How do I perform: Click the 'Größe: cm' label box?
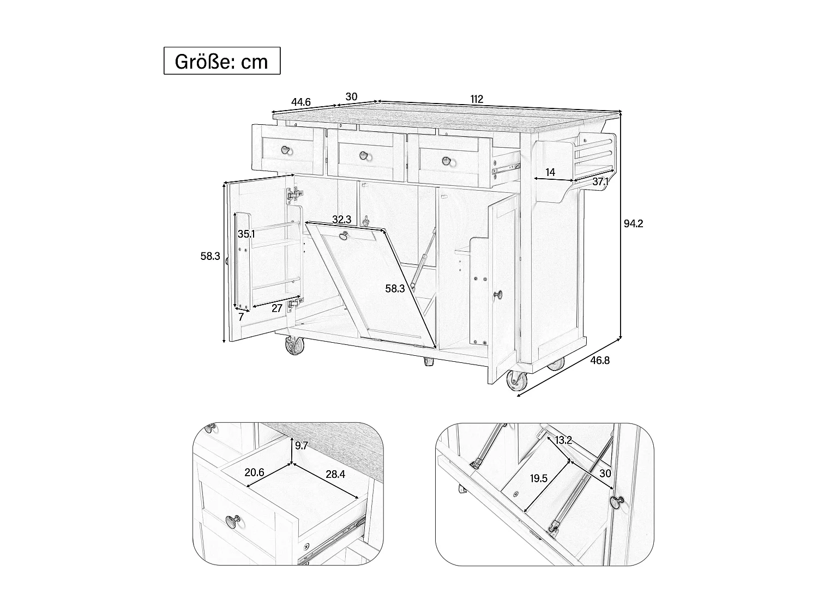pos(222,61)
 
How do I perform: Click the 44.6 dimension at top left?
pos(300,102)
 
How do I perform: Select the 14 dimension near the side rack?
pos(550,173)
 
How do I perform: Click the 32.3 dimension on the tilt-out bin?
pos(341,220)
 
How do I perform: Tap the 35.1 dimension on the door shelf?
pos(246,234)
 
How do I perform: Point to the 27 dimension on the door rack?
pos(277,308)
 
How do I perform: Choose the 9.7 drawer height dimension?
pos(301,446)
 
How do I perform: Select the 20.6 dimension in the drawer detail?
pos(254,472)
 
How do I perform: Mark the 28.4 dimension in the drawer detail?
pos(335,475)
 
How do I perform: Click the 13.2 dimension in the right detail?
pos(563,440)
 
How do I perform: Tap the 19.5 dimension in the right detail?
pos(538,478)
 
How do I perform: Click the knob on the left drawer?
pos(286,150)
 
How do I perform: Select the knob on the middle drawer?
pos(364,156)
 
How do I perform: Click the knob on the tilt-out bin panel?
pos(344,235)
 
